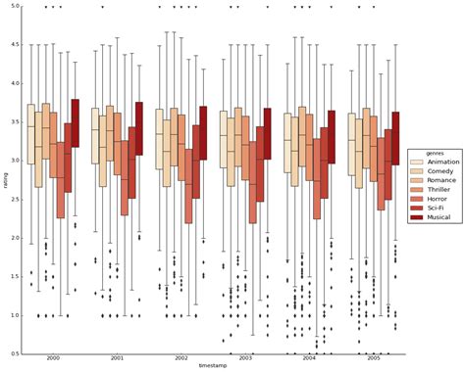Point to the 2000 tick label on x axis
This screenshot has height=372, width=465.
(53, 359)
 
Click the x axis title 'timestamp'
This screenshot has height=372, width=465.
(214, 367)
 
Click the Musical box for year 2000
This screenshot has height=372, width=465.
(75, 122)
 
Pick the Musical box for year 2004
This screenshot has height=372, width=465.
(331, 135)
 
